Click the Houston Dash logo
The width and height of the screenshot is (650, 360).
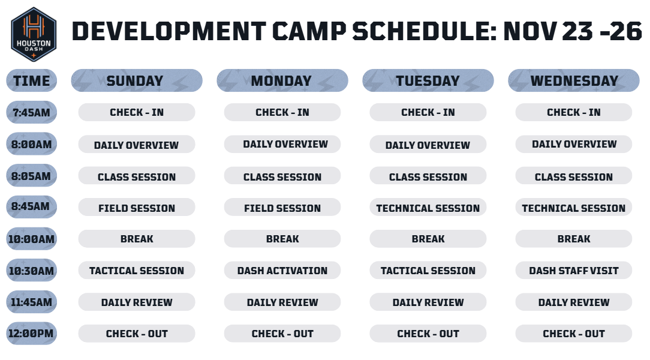[33, 34]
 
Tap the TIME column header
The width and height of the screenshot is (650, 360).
[32, 80]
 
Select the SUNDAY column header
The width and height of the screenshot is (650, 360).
[136, 80]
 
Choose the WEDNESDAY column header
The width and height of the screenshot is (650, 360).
[574, 80]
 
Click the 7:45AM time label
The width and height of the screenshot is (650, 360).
[32, 112]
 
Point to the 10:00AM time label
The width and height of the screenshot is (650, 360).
[32, 239]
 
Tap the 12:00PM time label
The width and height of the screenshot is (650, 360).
[32, 334]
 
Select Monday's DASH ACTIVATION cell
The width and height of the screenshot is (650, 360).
[282, 271]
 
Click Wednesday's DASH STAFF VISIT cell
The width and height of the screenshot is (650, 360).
[574, 271]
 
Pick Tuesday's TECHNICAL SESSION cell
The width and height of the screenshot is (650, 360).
[428, 208]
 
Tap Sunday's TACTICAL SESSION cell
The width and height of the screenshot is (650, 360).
[136, 271]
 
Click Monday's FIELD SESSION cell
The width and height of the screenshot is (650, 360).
[282, 208]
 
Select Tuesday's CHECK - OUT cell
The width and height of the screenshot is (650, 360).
[428, 334]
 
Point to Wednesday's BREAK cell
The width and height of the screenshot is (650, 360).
[574, 239]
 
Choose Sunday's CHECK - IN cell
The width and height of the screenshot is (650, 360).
[136, 112]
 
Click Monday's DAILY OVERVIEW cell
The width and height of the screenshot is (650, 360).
[282, 144]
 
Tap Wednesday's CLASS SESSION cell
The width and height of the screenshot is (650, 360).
[574, 176]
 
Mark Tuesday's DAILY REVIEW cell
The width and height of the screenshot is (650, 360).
[428, 302]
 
